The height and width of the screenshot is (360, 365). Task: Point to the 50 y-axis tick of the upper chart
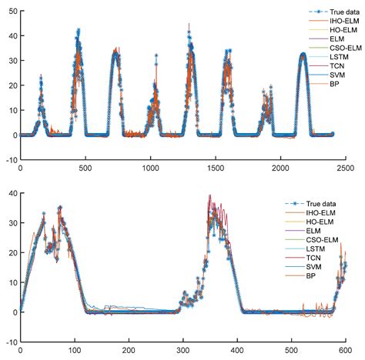[x=11, y=10]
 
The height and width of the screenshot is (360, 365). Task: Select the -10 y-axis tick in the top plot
[x=9, y=160]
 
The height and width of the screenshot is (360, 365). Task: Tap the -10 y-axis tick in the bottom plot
[x=9, y=341]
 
